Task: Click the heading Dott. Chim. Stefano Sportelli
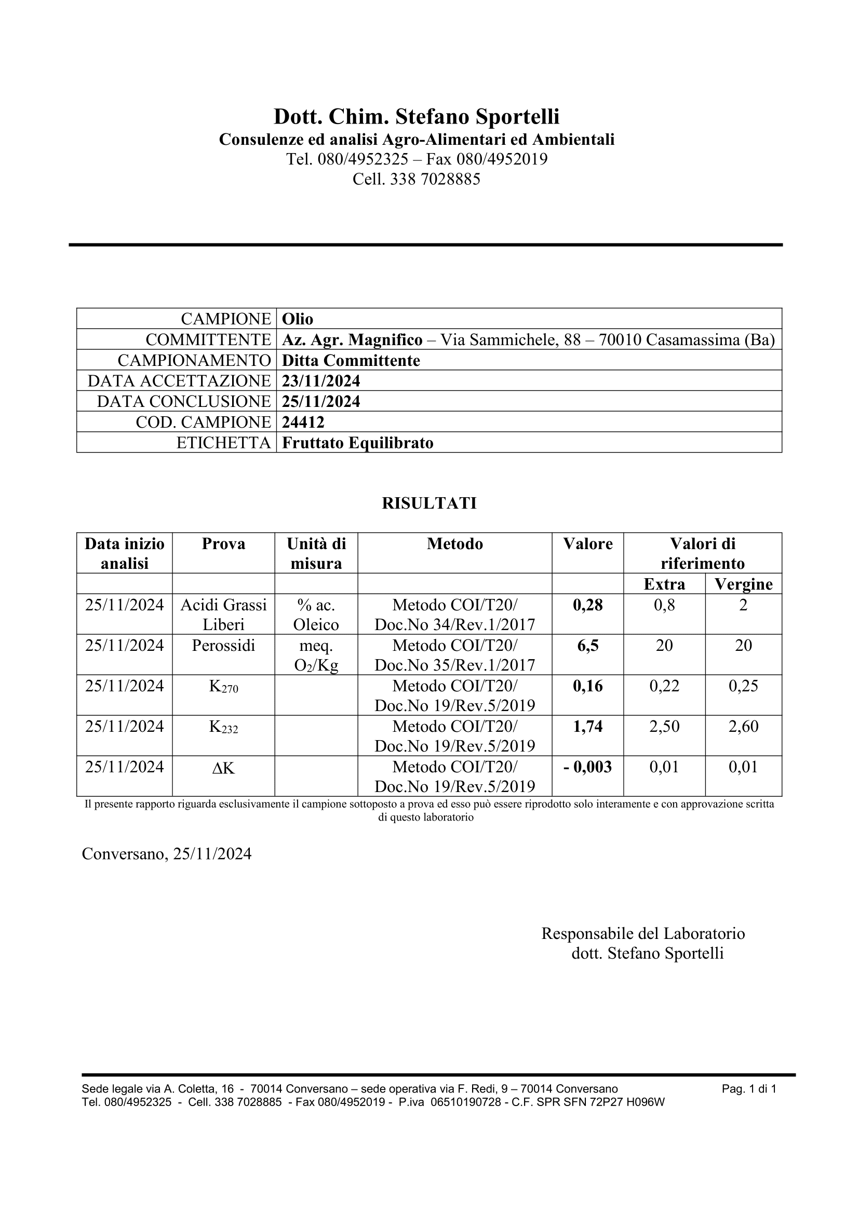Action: pos(417,116)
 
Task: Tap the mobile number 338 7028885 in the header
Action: pos(435,179)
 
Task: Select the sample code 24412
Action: pos(303,422)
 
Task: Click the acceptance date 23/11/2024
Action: pos(320,380)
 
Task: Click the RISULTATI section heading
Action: pos(429,503)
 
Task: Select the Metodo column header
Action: pos(455,544)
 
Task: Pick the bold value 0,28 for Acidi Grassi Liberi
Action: pos(588,605)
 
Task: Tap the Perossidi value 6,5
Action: pos(588,646)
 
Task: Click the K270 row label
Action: pos(224,687)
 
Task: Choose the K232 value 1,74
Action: pos(588,727)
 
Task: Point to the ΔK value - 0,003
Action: pos(588,767)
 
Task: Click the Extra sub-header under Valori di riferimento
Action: pos(664,584)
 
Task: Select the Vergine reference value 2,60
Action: pos(743,727)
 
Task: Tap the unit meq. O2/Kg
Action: pos(316,656)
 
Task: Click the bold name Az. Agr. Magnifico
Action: pos(352,339)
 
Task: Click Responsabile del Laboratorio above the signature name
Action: pos(642,933)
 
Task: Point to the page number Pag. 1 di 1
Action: pos(749,1089)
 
